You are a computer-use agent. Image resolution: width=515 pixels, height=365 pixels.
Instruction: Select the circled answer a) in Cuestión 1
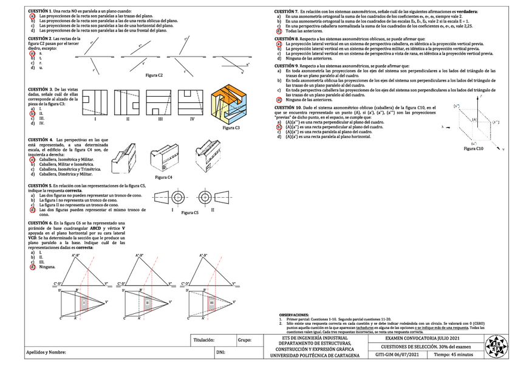tap(32, 16)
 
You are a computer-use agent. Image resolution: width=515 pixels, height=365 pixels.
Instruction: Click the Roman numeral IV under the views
tap(192, 119)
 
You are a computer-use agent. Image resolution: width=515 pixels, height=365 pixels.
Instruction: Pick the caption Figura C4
tap(163, 176)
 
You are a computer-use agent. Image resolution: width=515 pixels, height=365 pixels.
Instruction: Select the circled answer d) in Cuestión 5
tap(32, 210)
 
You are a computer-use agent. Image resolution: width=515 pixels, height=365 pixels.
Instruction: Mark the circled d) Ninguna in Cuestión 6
tap(32, 267)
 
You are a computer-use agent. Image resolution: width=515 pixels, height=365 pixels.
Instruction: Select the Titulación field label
tap(204, 341)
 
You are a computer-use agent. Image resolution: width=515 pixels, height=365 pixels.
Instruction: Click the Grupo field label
tap(245, 341)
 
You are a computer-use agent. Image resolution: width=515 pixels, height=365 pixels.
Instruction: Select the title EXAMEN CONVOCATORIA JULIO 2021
tap(418, 338)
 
